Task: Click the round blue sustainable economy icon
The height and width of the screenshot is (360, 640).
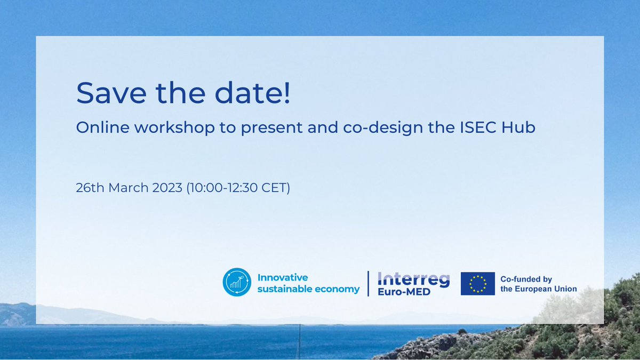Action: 236,283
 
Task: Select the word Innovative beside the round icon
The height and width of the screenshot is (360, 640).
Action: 283,278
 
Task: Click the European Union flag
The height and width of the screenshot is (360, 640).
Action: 477,284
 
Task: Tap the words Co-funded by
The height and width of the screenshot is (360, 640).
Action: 526,279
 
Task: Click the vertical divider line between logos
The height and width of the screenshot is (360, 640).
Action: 368,283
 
